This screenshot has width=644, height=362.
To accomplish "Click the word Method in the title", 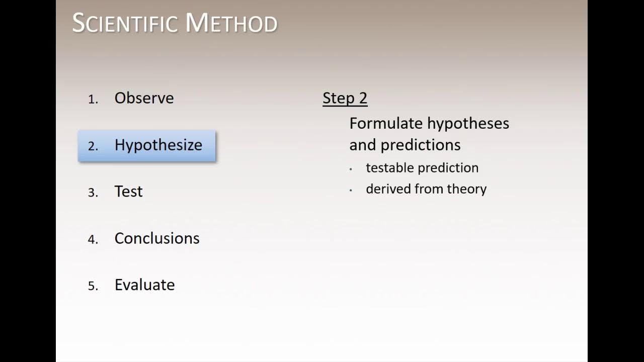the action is tap(231, 24).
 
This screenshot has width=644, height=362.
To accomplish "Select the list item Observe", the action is tap(144, 98).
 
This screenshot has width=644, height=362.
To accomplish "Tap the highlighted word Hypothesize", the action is tap(158, 145).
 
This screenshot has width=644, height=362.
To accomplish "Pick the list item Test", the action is tap(128, 192).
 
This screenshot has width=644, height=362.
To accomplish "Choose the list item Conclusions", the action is tap(157, 238).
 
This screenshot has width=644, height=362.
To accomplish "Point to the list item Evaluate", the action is tap(144, 285).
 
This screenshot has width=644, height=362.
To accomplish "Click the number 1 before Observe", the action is tap(92, 100).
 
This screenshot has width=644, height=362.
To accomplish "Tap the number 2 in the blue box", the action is tap(93, 146).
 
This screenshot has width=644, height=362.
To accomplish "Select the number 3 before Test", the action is tap(93, 193).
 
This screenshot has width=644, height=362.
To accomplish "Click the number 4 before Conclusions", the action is tap(93, 240).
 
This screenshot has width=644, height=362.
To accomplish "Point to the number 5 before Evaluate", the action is tap(93, 287).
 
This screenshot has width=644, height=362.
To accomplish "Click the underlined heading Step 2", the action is tap(345, 98).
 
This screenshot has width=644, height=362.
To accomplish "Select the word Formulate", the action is tap(386, 123).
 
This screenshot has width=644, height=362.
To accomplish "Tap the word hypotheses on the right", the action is tap(468, 124).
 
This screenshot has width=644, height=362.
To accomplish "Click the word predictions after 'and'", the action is tap(421, 145).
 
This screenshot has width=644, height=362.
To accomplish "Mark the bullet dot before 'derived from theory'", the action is tap(351, 191).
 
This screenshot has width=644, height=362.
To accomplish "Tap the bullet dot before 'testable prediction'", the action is tap(351, 169).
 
